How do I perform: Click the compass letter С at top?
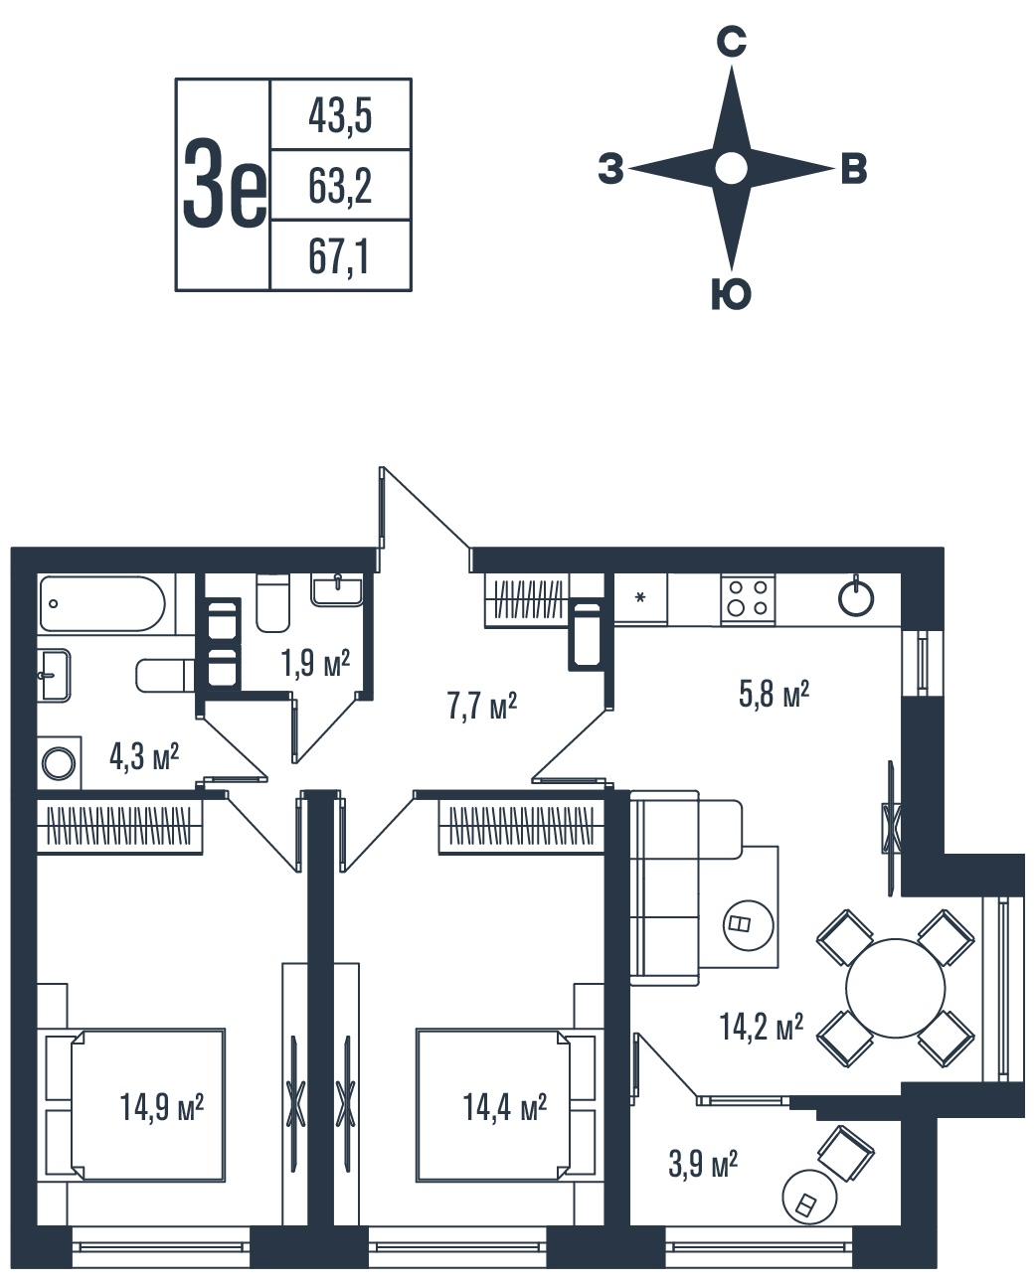click(x=731, y=43)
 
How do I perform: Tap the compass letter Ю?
click(x=731, y=294)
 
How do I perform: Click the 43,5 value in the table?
click(x=340, y=116)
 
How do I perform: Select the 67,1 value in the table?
click(x=339, y=256)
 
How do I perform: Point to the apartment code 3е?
click(x=224, y=183)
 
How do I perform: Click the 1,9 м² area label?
click(x=315, y=664)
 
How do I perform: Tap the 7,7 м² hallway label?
click(x=481, y=706)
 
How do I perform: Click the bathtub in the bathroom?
click(x=102, y=603)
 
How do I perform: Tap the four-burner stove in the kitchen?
click(x=748, y=599)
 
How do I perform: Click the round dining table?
click(x=895, y=988)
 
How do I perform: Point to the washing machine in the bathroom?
click(x=59, y=763)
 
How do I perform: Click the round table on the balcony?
click(x=809, y=1197)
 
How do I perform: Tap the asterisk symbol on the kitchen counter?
click(x=640, y=597)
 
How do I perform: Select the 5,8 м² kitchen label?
click(x=774, y=694)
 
